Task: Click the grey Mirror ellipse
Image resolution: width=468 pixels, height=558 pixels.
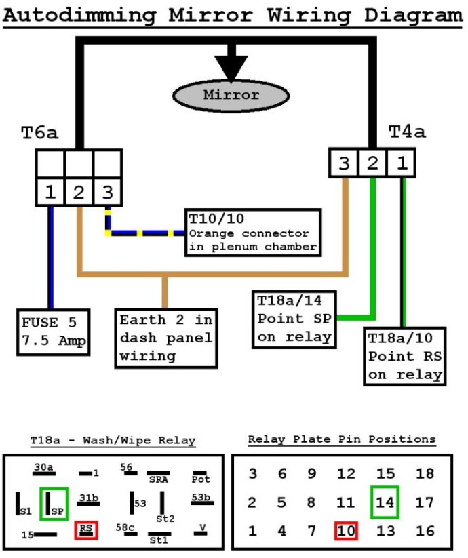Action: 231,95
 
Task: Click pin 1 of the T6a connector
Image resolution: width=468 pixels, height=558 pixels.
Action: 50,192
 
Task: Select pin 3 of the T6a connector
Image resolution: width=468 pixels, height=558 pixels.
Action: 107,192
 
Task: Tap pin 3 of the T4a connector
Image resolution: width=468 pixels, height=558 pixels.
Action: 344,163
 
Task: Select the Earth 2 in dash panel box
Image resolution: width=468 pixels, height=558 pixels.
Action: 165,338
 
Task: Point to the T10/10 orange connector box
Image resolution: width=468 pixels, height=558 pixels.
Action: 253,232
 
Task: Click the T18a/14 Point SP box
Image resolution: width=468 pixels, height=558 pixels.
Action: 294,319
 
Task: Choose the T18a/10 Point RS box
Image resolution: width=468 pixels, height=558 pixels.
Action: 405,356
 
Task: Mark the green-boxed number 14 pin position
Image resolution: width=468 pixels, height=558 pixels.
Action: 385,503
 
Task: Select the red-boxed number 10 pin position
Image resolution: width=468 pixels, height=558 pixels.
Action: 346,531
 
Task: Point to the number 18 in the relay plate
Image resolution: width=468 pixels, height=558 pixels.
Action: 425,474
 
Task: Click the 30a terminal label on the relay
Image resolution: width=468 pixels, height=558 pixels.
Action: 44,467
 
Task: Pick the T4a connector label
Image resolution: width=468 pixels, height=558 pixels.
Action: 407,132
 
